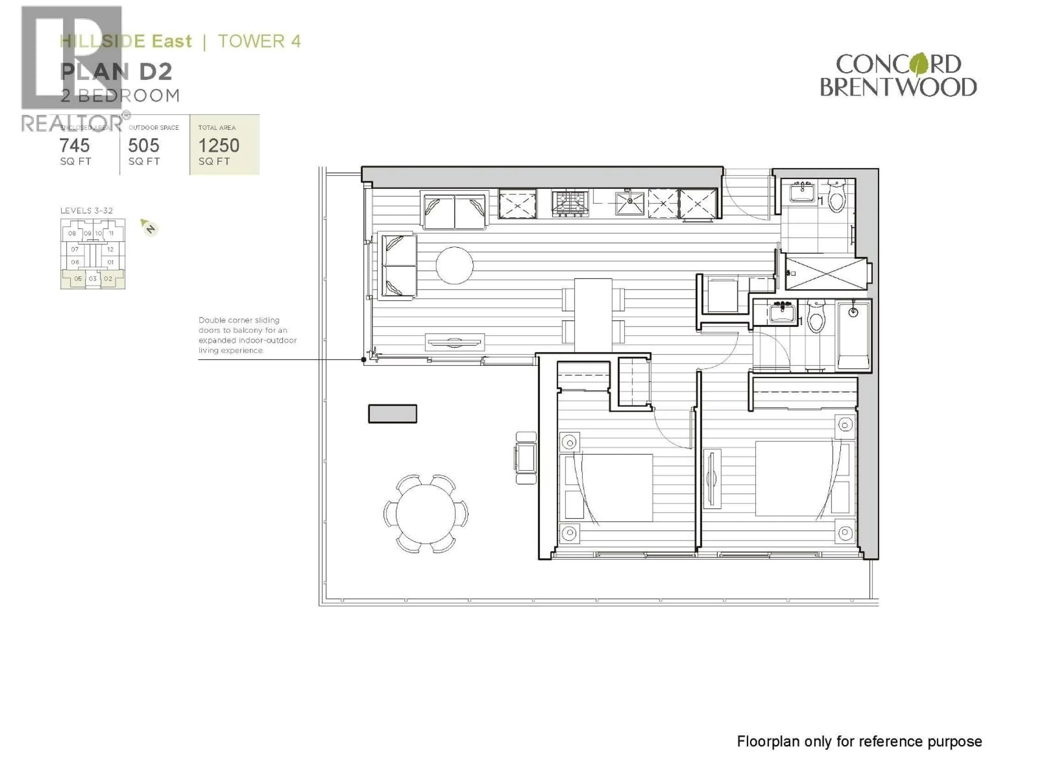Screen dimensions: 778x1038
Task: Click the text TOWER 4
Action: pyautogui.click(x=259, y=41)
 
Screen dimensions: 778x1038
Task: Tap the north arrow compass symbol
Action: pyautogui.click(x=149, y=227)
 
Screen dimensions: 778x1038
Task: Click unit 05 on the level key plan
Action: pyautogui.click(x=78, y=279)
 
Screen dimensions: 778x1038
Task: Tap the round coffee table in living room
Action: pyautogui.click(x=454, y=266)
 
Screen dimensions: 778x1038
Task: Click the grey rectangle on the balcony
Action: pyautogui.click(x=392, y=414)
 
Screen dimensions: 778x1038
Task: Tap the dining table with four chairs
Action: pyautogui.click(x=593, y=314)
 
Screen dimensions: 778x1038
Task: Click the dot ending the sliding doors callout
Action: pyautogui.click(x=364, y=360)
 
